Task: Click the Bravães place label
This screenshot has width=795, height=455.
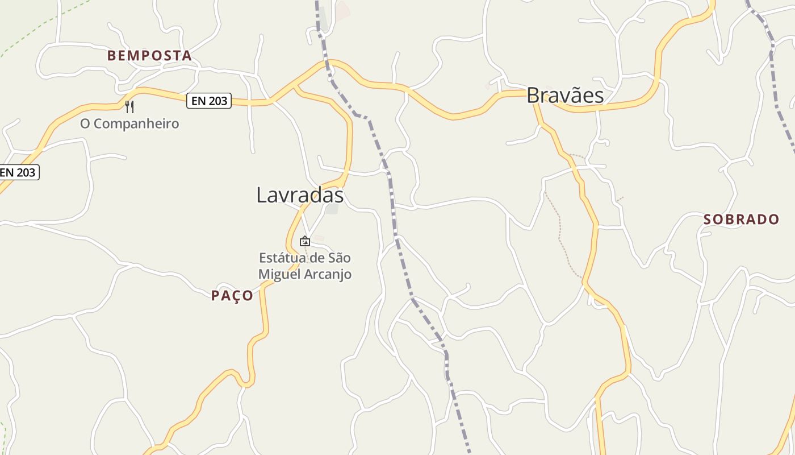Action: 565,96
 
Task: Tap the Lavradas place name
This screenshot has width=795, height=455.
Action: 300,195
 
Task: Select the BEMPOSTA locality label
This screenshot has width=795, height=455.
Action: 149,56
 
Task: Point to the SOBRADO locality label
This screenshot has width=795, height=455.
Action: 741,220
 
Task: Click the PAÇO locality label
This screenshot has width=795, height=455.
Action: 232,296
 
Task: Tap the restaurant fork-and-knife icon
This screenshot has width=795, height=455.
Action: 129,106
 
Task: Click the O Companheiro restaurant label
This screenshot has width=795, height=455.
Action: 129,124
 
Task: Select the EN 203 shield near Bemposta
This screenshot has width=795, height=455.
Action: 209,101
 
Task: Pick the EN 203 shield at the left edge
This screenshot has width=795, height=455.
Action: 18,172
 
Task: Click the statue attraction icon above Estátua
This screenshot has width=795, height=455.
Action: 305,241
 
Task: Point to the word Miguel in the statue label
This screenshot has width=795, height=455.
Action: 278,274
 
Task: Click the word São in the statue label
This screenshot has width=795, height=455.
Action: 339,258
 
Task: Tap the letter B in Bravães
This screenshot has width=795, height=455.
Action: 533,96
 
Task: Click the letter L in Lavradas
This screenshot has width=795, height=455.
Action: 262,196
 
